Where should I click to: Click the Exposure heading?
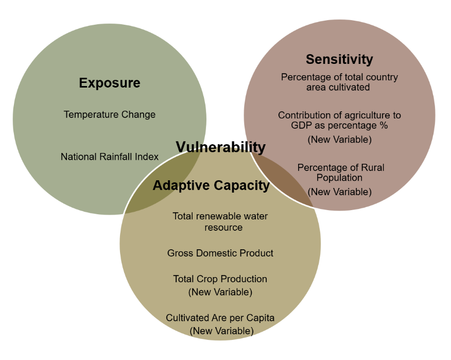tap(110, 83)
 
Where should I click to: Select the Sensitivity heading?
tap(339, 59)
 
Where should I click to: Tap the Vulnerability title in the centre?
tap(221, 147)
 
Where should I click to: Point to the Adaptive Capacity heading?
tap(211, 185)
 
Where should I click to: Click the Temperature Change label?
tap(110, 114)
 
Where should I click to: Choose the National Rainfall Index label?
tap(110, 157)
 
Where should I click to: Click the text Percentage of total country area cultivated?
tap(339, 82)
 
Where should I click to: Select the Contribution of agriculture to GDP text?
tap(339, 121)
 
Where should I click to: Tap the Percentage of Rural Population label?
tap(340, 173)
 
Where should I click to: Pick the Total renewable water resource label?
tap(220, 221)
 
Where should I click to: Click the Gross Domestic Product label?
tap(220, 253)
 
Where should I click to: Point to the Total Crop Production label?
tap(220, 279)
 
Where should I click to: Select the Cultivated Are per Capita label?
tap(220, 318)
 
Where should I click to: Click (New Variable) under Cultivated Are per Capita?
tap(221, 331)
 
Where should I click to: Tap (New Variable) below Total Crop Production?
tap(220, 292)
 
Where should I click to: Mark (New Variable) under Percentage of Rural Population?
tap(340, 192)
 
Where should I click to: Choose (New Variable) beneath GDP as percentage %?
tap(340, 139)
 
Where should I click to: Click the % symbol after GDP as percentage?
tap(384, 126)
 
